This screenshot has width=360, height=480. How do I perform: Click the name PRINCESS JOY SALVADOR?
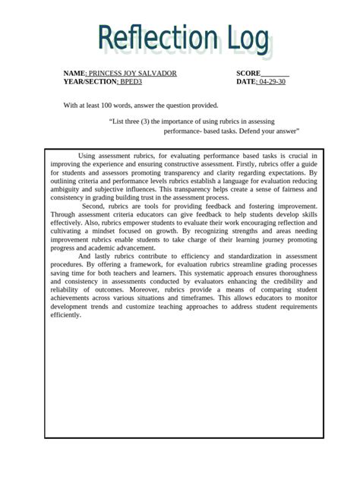coord(133,73)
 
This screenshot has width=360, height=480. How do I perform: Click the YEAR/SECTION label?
coord(85,81)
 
